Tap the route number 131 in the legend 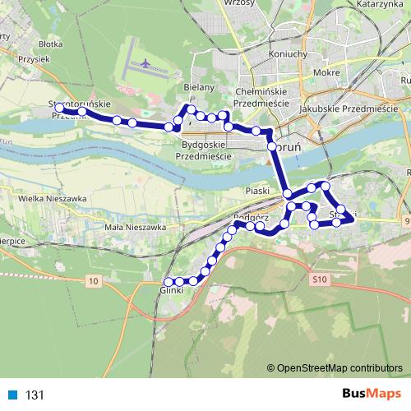34,395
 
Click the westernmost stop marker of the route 60,108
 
